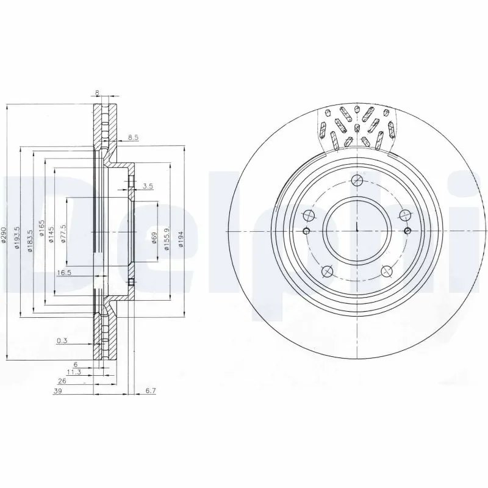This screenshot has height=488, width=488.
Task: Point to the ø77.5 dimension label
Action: pos(63,233)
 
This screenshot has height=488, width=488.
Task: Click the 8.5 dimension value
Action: pos(133,138)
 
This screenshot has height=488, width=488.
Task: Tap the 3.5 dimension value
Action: pos(148,186)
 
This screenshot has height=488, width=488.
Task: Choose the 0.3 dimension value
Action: pos(62,341)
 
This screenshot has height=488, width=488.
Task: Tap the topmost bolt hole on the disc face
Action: pos(357,180)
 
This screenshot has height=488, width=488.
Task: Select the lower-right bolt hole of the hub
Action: pos(386,271)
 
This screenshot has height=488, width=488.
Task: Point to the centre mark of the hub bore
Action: pos(357,230)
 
